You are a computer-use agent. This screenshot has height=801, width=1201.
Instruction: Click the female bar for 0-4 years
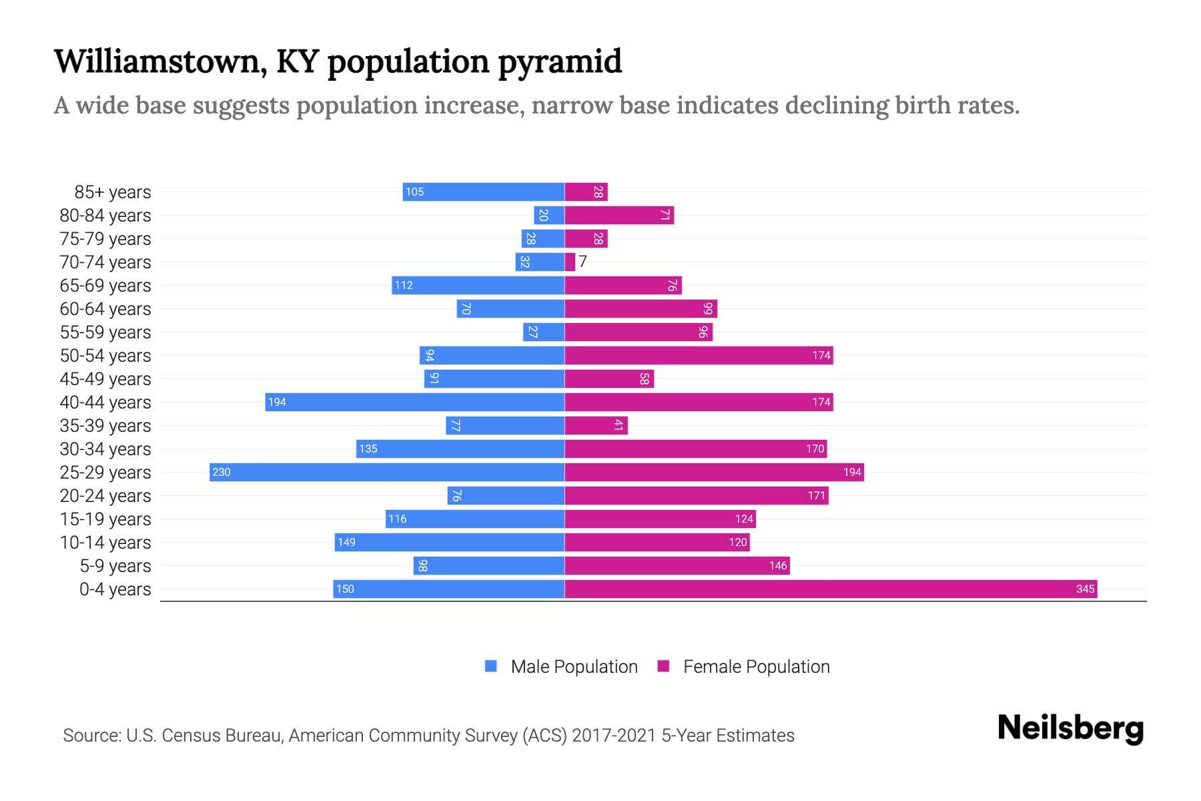tap(831, 589)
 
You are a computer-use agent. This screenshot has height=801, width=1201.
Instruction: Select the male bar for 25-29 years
tap(387, 472)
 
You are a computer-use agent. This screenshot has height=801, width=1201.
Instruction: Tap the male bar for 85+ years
tap(484, 192)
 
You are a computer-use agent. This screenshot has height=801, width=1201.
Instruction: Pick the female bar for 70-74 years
tap(570, 262)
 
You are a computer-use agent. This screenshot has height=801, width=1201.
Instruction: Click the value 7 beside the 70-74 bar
tap(582, 262)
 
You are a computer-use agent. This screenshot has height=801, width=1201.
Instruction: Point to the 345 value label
tap(1085, 589)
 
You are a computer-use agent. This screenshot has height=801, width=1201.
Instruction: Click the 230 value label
tap(221, 472)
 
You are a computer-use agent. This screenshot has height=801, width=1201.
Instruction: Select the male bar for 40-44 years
tap(415, 402)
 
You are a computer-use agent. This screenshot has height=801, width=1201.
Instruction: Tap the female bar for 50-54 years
tap(699, 355)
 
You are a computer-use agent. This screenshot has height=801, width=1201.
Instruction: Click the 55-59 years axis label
tap(105, 332)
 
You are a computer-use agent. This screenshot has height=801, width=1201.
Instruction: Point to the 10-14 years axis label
tap(105, 542)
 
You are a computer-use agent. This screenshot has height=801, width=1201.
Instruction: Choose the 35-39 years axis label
tap(105, 425)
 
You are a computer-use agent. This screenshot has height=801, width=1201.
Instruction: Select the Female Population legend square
tap(663, 666)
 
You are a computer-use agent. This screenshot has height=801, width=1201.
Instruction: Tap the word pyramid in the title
tap(560, 61)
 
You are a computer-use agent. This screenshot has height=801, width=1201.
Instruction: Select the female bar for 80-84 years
tap(619, 215)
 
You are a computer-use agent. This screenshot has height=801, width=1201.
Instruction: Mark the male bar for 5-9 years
tap(488, 565)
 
